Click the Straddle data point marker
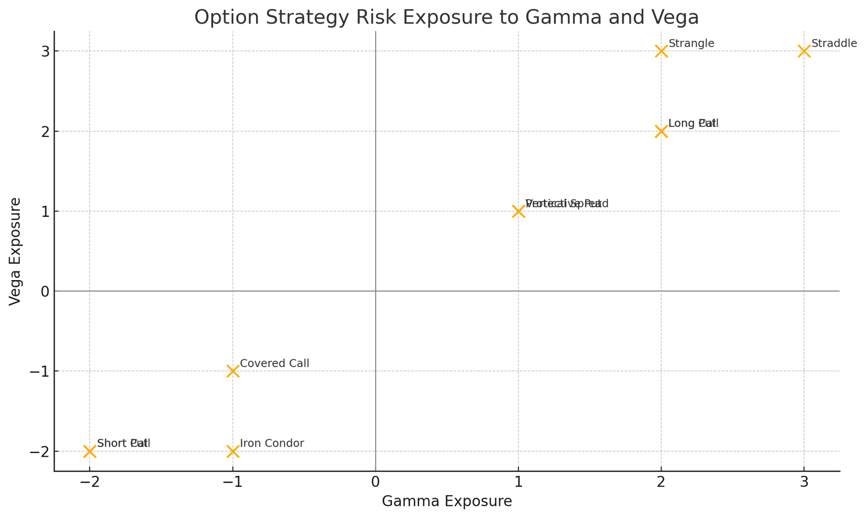804,51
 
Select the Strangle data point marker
661,51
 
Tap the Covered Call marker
233,371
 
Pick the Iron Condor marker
233,451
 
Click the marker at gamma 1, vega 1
518,212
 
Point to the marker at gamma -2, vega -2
90,451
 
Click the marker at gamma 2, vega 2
661,131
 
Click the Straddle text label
834,43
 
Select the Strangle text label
691,43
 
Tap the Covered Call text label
274,364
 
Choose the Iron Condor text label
272,443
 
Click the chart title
446,17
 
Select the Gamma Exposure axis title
447,501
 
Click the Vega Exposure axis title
16,251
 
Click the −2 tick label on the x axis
90,483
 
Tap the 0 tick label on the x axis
375,483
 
